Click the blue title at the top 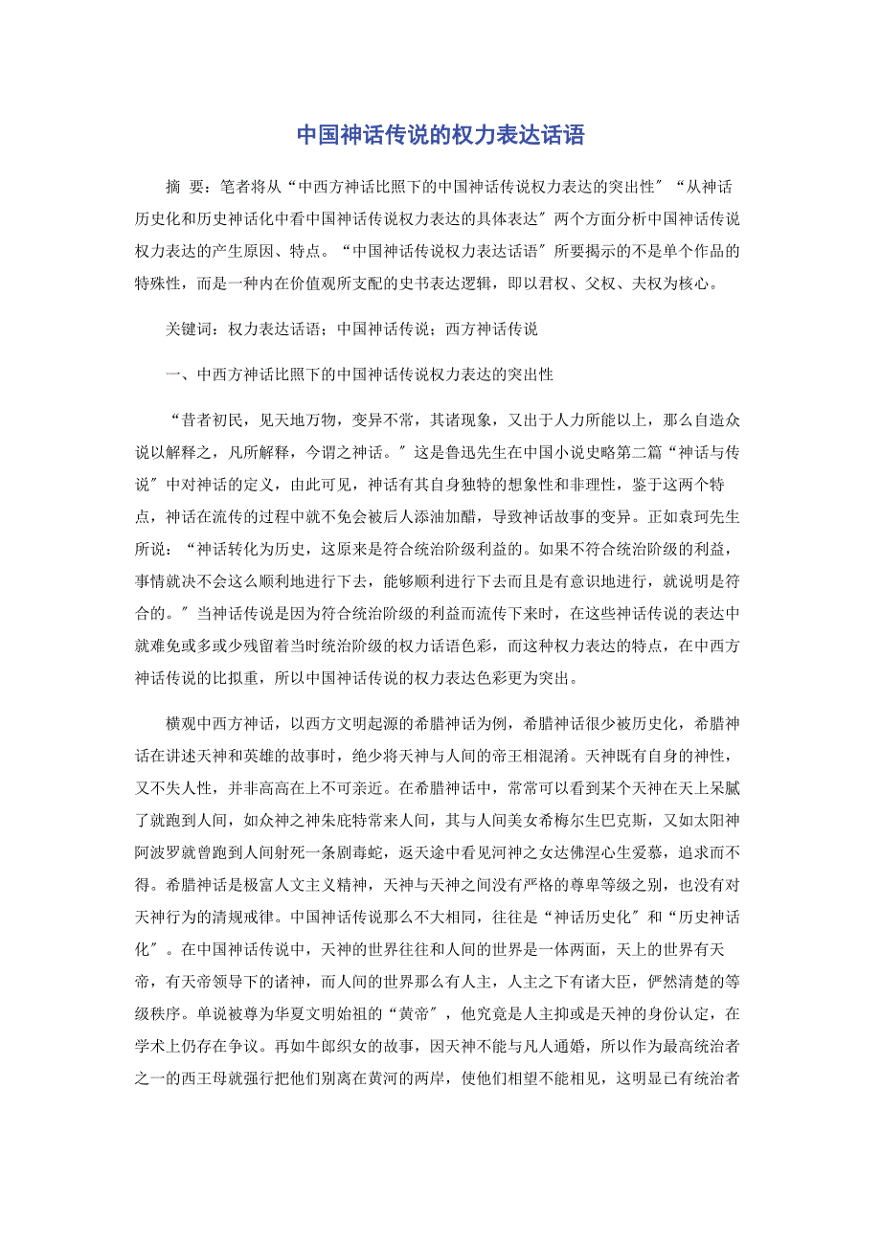tap(440, 134)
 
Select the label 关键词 tap(188, 329)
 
